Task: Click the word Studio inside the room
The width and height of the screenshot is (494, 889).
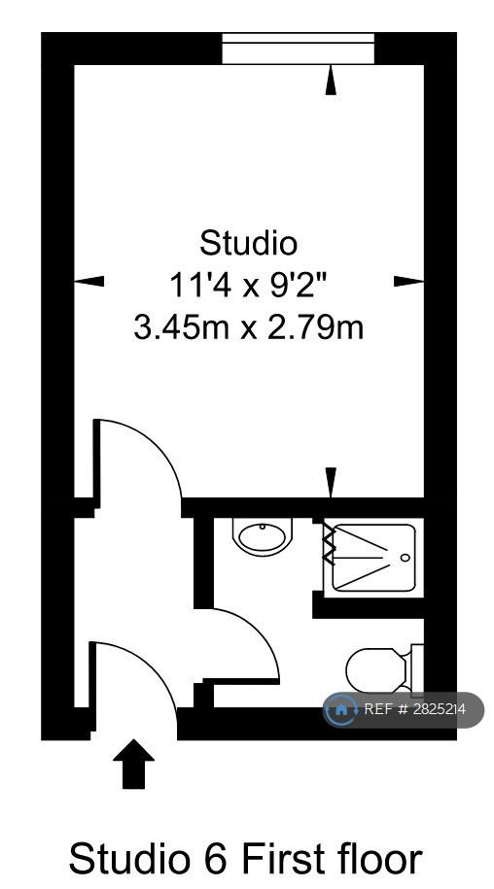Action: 248,244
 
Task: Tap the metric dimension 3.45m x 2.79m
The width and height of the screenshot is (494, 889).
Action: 248,327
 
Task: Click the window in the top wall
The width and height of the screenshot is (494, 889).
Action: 298,49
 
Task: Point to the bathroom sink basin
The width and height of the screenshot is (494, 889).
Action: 263,536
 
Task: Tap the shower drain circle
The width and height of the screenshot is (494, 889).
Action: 405,558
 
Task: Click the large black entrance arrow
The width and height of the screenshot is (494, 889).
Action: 134,763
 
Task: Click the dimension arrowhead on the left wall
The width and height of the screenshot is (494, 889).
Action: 89,280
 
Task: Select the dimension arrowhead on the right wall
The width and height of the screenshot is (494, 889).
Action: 409,280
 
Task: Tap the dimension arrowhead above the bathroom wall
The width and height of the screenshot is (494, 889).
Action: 332,483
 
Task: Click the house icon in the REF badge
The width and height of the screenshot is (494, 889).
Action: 341,708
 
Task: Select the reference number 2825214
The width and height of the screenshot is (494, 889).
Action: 438,708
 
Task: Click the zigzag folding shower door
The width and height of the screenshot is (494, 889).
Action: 329,544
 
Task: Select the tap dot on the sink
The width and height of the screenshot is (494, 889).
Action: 263,527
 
